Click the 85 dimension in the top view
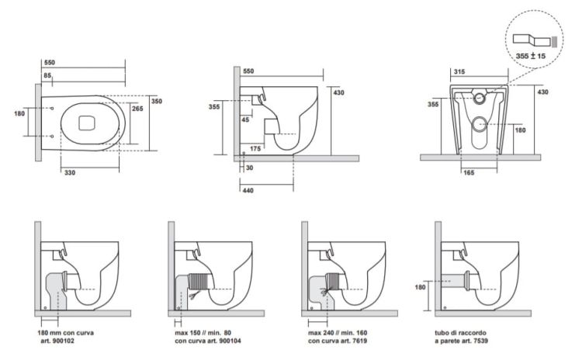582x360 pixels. click(x=48, y=74)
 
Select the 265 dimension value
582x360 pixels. click(x=137, y=109)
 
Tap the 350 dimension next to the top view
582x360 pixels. click(x=156, y=102)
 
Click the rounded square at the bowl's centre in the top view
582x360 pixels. click(x=86, y=120)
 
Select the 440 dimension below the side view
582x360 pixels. click(x=248, y=189)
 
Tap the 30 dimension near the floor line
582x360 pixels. click(x=249, y=168)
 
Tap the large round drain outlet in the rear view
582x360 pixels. click(x=482, y=122)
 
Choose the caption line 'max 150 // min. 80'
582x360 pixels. click(x=199, y=333)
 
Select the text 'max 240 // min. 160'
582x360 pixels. click(x=333, y=333)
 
